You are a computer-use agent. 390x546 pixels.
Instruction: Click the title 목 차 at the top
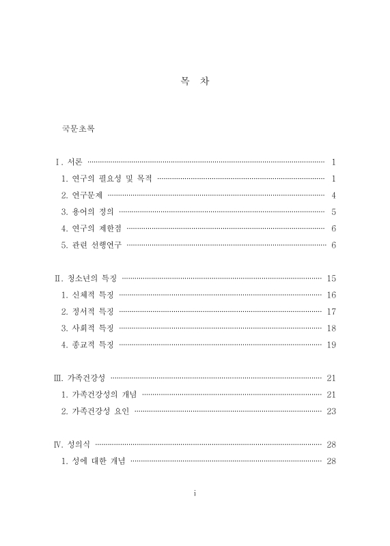tap(195, 81)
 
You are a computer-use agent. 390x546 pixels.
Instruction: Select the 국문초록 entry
tap(78, 128)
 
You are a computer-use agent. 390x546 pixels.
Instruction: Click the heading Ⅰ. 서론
tap(69, 162)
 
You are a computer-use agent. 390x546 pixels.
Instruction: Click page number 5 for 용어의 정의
tap(333, 212)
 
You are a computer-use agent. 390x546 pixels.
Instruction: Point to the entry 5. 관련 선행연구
tap(92, 245)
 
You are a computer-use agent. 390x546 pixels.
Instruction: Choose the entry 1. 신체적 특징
tap(87, 295)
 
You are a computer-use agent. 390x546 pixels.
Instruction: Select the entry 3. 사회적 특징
tap(87, 328)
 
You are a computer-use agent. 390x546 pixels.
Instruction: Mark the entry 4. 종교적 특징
tap(87, 345)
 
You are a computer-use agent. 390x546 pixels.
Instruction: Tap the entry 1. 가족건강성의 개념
tap(99, 394)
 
